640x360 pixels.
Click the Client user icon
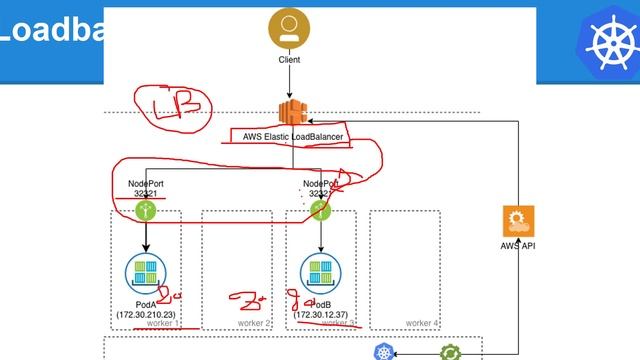(x=289, y=29)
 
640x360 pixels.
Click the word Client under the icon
(x=289, y=60)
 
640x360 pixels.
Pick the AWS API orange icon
(x=518, y=220)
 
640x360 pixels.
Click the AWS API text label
(x=518, y=245)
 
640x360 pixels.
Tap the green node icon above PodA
(x=147, y=211)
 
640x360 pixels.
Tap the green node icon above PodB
(x=319, y=211)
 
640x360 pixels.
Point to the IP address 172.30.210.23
(x=148, y=315)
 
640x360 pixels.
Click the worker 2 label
(x=255, y=323)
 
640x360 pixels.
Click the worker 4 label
(x=422, y=323)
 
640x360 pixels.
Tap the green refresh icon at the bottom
(x=451, y=352)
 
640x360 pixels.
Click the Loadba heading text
(x=50, y=30)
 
